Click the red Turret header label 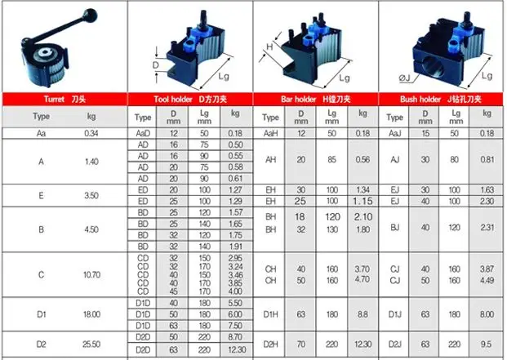(64, 99)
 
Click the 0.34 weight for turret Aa (91, 133)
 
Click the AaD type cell (144, 133)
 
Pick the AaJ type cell (395, 133)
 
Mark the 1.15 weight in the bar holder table (362, 201)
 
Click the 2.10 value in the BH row (362, 218)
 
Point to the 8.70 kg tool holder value (235, 336)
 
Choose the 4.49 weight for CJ (487, 281)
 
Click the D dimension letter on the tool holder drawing (156, 64)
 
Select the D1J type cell (395, 313)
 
